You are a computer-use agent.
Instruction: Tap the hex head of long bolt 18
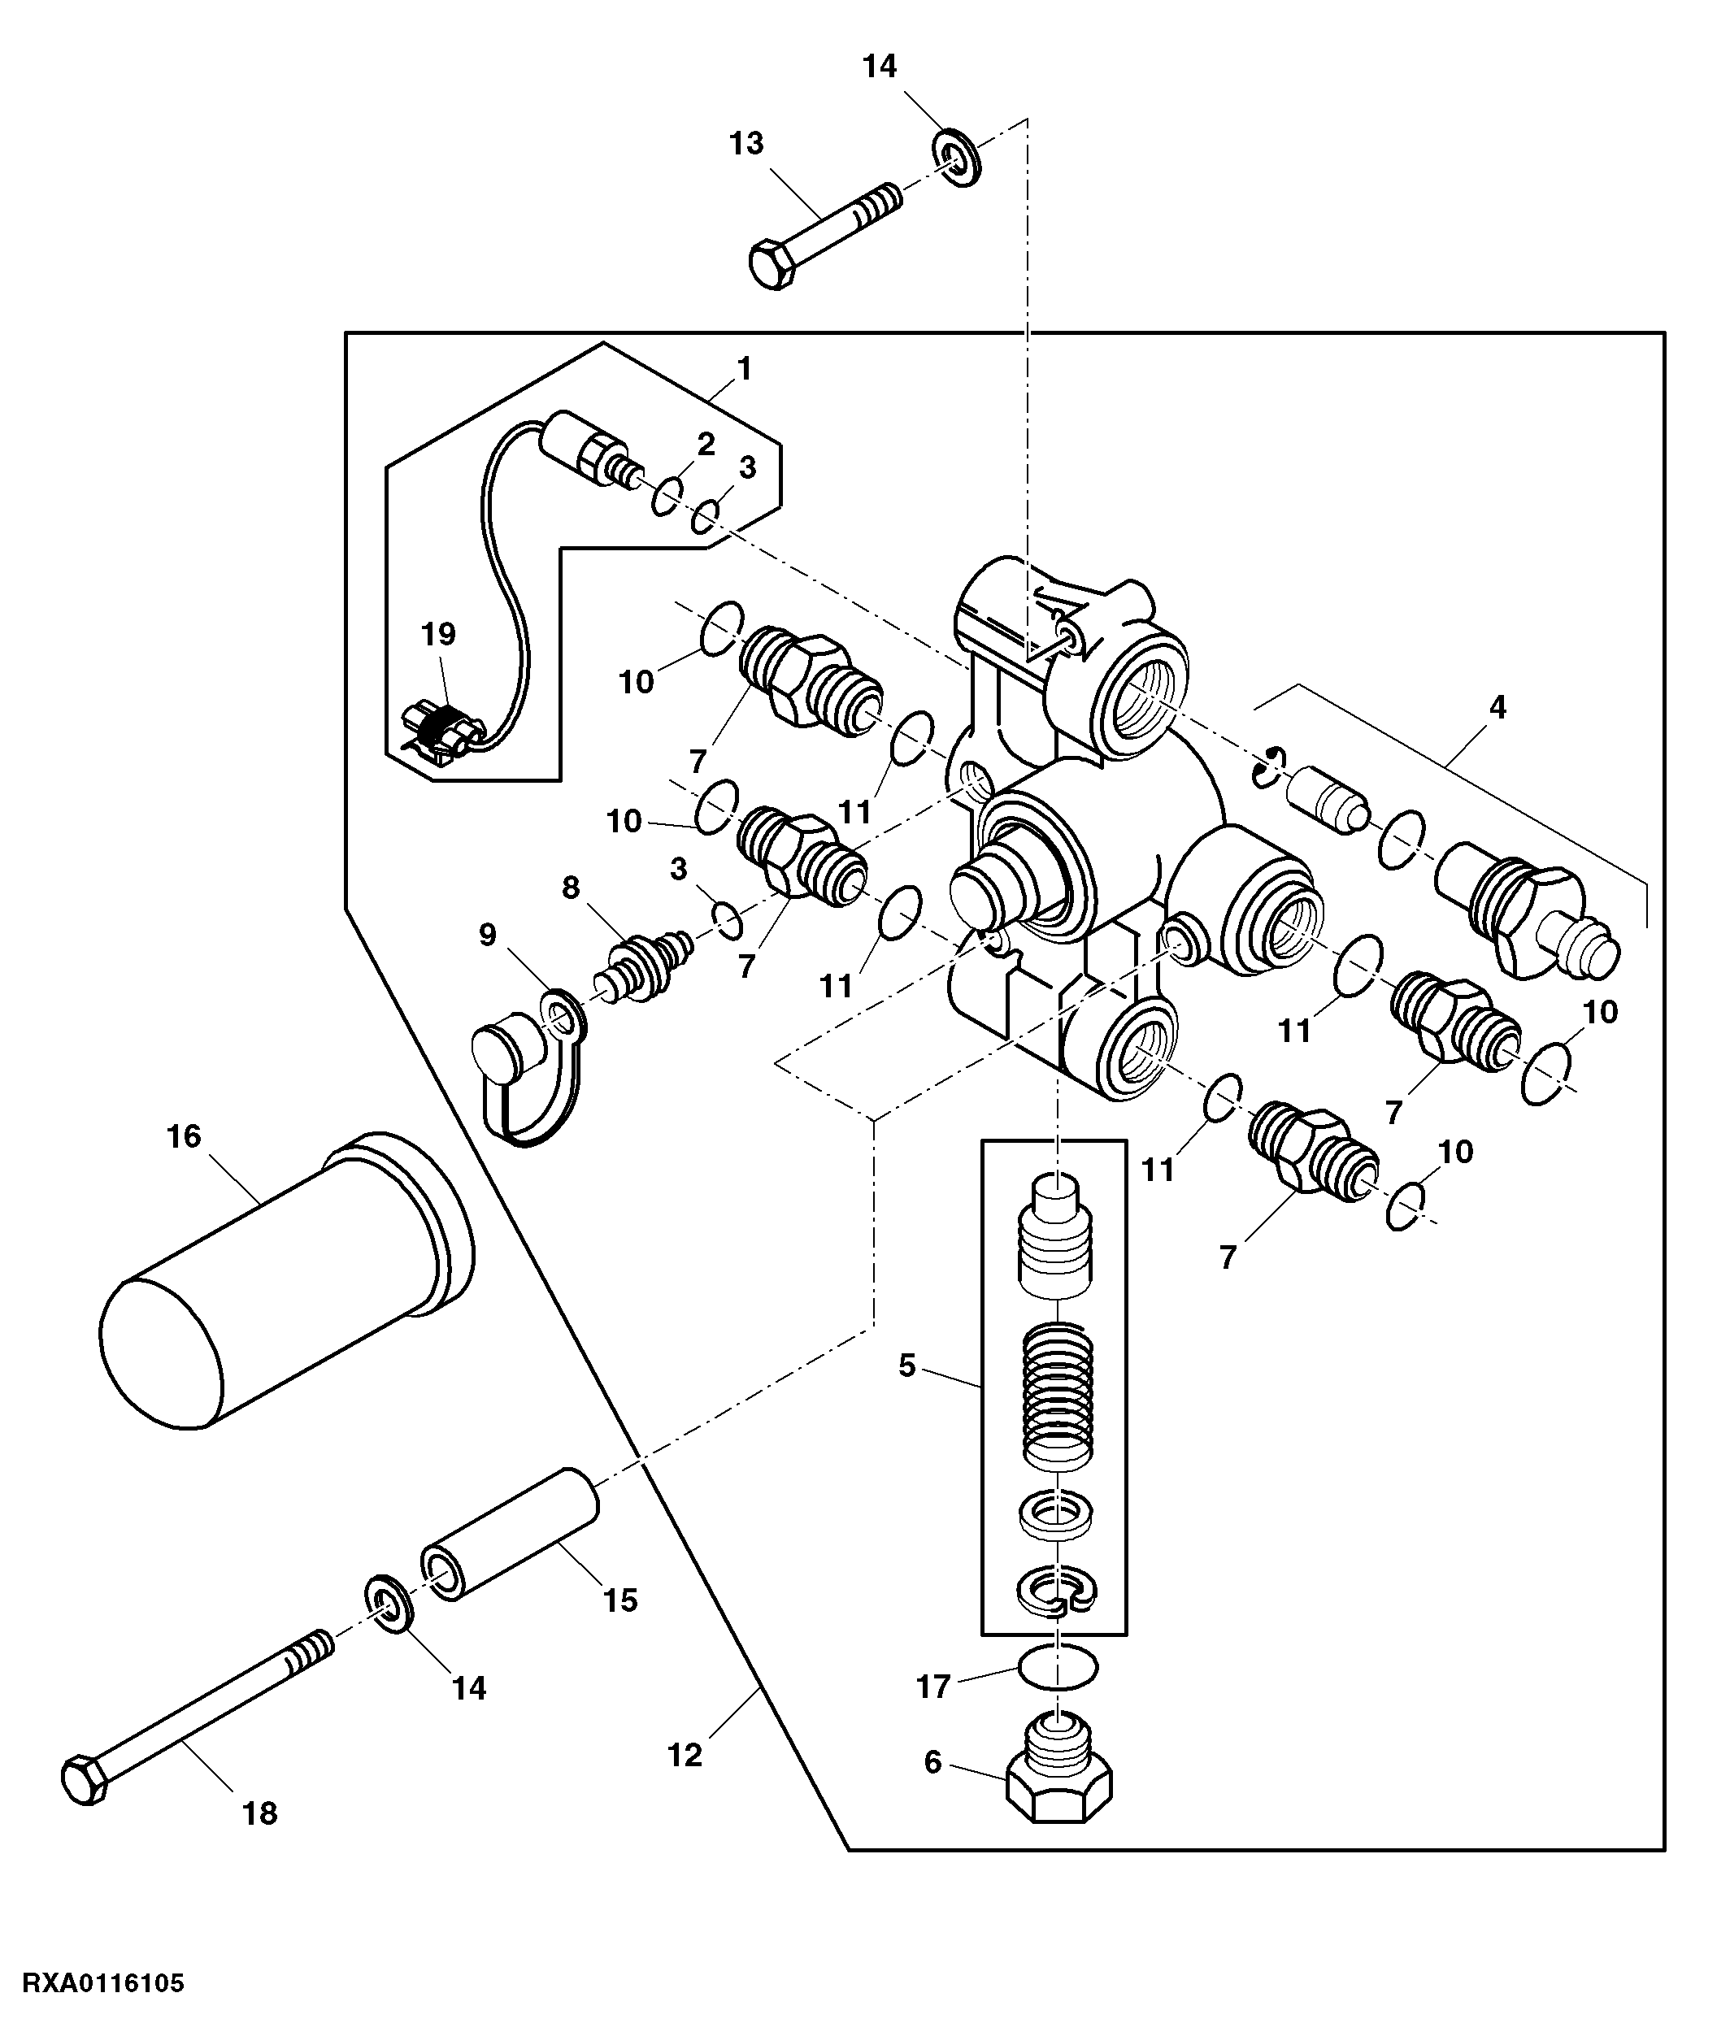(x=84, y=1780)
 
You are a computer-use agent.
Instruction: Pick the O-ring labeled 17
(x=1058, y=1667)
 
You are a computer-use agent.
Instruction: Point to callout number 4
(x=1498, y=707)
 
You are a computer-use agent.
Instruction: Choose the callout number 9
(x=487, y=936)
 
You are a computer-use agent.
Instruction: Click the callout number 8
(x=572, y=888)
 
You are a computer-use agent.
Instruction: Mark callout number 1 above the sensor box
(x=745, y=369)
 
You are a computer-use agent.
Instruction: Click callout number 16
(x=185, y=1136)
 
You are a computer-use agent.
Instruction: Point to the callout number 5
(x=907, y=1366)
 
